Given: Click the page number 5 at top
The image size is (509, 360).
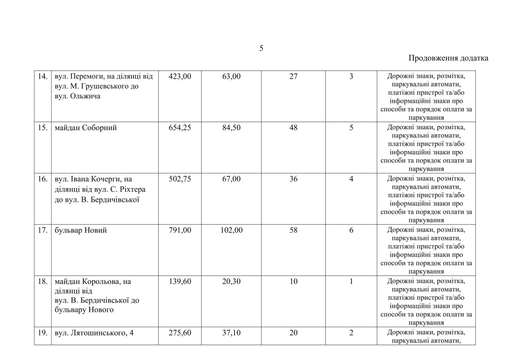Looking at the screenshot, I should pos(261,48).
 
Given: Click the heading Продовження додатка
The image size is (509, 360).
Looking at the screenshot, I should pos(448,58).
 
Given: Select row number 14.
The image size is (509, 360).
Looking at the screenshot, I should pos(42,76).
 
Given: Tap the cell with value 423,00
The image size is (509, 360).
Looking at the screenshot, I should pos(180,76).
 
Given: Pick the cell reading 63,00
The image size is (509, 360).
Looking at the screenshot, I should pos(231,76).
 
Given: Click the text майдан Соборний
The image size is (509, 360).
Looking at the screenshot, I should pos(86,128).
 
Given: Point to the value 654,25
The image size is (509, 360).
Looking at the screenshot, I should pos(180,128).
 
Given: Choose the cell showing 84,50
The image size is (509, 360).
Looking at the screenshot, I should pos(231,128).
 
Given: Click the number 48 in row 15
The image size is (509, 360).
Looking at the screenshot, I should pos(293,128).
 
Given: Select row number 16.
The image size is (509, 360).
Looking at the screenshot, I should pos(42,179).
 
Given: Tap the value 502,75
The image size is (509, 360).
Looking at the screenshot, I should pos(180,179).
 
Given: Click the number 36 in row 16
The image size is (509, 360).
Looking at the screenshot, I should pos(293,179).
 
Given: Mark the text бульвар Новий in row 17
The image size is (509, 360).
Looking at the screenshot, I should pos(81,230).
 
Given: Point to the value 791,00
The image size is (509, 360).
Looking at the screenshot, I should pos(180,230).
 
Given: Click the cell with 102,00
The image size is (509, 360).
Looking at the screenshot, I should pos(231,230).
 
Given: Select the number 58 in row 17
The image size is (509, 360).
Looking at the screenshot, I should pos(293,230).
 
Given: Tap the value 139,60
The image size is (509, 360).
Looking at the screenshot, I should pos(180,282).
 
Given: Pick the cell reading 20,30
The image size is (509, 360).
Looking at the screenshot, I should pos(231,282).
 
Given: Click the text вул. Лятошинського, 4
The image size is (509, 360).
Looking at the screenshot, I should pos(94,333).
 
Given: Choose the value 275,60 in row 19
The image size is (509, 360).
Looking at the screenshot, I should pos(180,333).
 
